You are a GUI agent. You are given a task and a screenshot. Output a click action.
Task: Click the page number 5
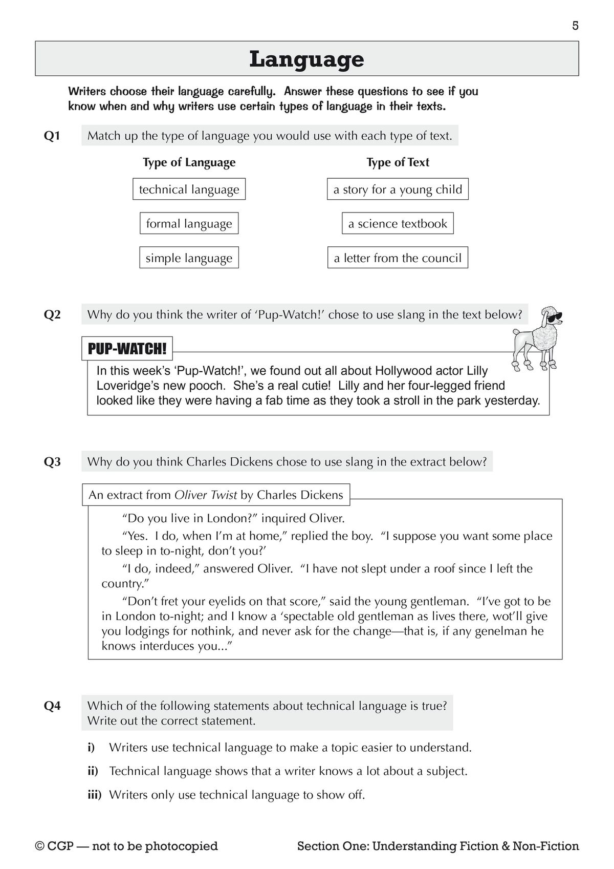click(575, 26)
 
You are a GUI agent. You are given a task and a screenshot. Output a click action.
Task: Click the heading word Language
click(306, 59)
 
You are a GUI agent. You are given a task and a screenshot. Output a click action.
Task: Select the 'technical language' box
click(189, 189)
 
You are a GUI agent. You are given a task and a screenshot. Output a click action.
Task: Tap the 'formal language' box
click(189, 224)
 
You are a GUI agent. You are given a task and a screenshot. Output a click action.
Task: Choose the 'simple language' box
click(189, 258)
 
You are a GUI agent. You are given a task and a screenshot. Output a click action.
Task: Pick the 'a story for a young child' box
click(398, 189)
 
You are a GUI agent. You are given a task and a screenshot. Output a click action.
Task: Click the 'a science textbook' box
click(398, 224)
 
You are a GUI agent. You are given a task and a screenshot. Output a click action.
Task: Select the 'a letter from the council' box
click(398, 258)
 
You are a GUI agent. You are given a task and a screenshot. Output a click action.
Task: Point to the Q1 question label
click(52, 136)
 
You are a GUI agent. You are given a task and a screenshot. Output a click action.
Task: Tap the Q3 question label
click(52, 462)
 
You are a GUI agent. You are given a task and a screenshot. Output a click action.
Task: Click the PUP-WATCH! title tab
click(127, 349)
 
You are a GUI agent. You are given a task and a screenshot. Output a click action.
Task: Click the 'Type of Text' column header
click(398, 162)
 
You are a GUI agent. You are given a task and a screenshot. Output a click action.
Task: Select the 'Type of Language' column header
click(189, 162)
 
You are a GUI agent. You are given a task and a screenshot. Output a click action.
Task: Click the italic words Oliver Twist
click(206, 495)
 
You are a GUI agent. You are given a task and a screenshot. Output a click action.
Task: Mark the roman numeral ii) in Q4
click(95, 771)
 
